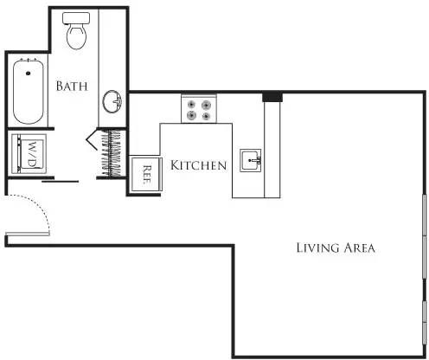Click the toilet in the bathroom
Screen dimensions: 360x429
tap(77, 33)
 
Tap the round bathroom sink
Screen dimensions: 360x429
tap(113, 102)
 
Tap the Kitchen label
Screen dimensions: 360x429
tap(198, 165)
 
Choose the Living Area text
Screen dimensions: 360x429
tap(335, 248)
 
